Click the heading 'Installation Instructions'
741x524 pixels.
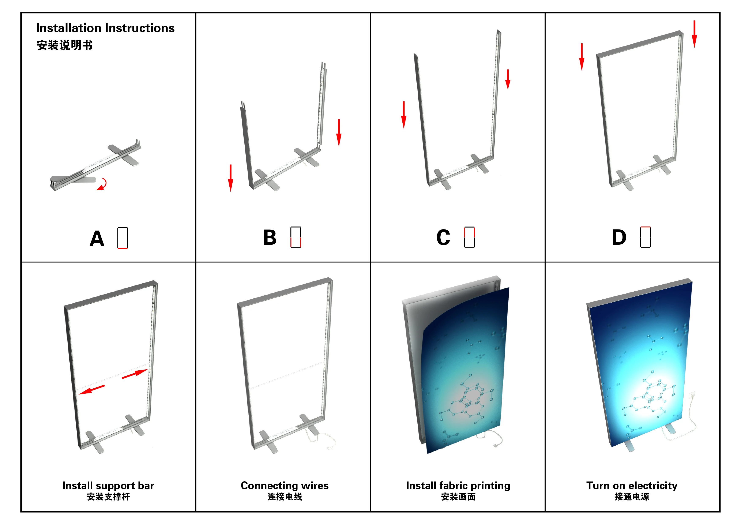pos(105,28)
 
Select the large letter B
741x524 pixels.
pos(270,238)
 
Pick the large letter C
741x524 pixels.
pos(443,238)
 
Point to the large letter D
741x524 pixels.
pos(619,238)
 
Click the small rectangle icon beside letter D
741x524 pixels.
pos(646,237)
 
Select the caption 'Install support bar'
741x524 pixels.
pos(108,486)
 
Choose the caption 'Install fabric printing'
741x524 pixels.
pos(458,486)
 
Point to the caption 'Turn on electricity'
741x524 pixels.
pos(632,486)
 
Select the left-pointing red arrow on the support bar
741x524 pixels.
pos(92,389)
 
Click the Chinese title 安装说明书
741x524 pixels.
pos(65,45)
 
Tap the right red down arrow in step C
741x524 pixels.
pos(508,79)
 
